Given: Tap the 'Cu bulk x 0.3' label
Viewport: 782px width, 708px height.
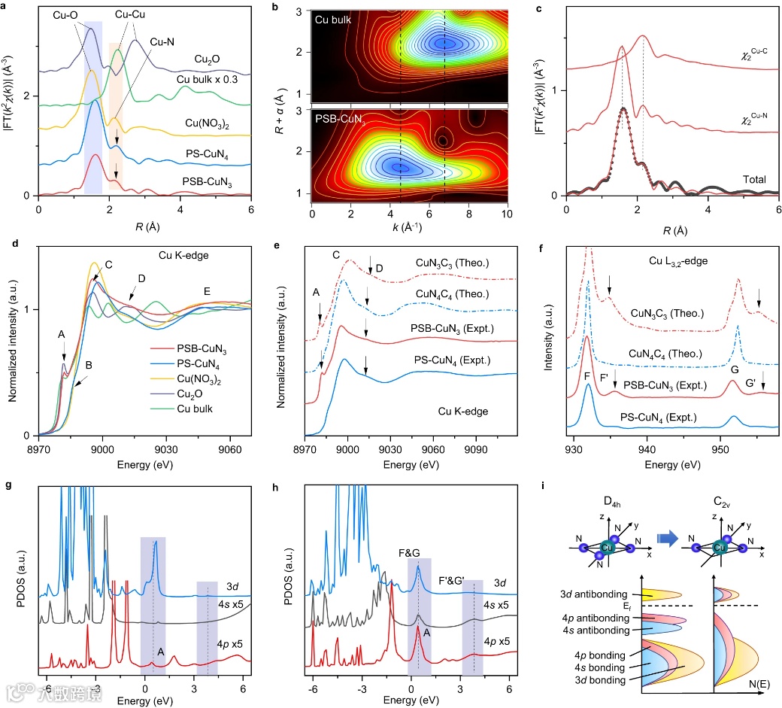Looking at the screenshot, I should click(210, 79).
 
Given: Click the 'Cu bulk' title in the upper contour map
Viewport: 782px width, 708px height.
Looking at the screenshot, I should click(332, 18).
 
